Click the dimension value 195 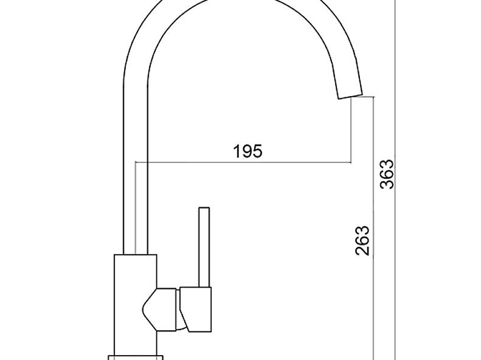tap(248, 151)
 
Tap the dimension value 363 tap(387, 174)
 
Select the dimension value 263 tap(362, 240)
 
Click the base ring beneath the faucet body tap(135, 356)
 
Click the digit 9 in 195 tap(248, 151)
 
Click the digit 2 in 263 tap(362, 249)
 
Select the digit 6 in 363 tap(387, 174)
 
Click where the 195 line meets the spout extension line tap(351, 162)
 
